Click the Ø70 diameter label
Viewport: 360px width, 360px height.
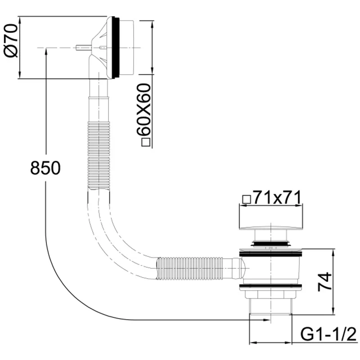pos(11,41)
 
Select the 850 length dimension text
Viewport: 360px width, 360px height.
pos(45,168)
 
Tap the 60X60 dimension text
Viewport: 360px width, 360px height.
pos(144,110)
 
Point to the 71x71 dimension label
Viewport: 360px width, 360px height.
pos(277,198)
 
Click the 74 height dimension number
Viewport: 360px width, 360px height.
pos(325,282)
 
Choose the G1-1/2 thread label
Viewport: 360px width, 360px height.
pos(329,335)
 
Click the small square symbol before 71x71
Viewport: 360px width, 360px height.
pos(247,199)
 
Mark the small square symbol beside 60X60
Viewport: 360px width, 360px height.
pos(146,143)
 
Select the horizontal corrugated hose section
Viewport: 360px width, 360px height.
pos(189,268)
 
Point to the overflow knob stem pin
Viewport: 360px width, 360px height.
pos(83,48)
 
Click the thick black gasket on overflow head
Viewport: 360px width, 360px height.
pos(116,48)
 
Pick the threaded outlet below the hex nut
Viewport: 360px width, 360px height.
pos(270,306)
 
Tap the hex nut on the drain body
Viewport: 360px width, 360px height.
pos(270,294)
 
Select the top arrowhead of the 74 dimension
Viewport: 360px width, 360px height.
pos(333,252)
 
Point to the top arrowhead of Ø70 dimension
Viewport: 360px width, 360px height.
pos(20,20)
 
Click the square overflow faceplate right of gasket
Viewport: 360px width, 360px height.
pos(126,48)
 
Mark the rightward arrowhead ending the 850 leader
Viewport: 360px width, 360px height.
pos(267,319)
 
